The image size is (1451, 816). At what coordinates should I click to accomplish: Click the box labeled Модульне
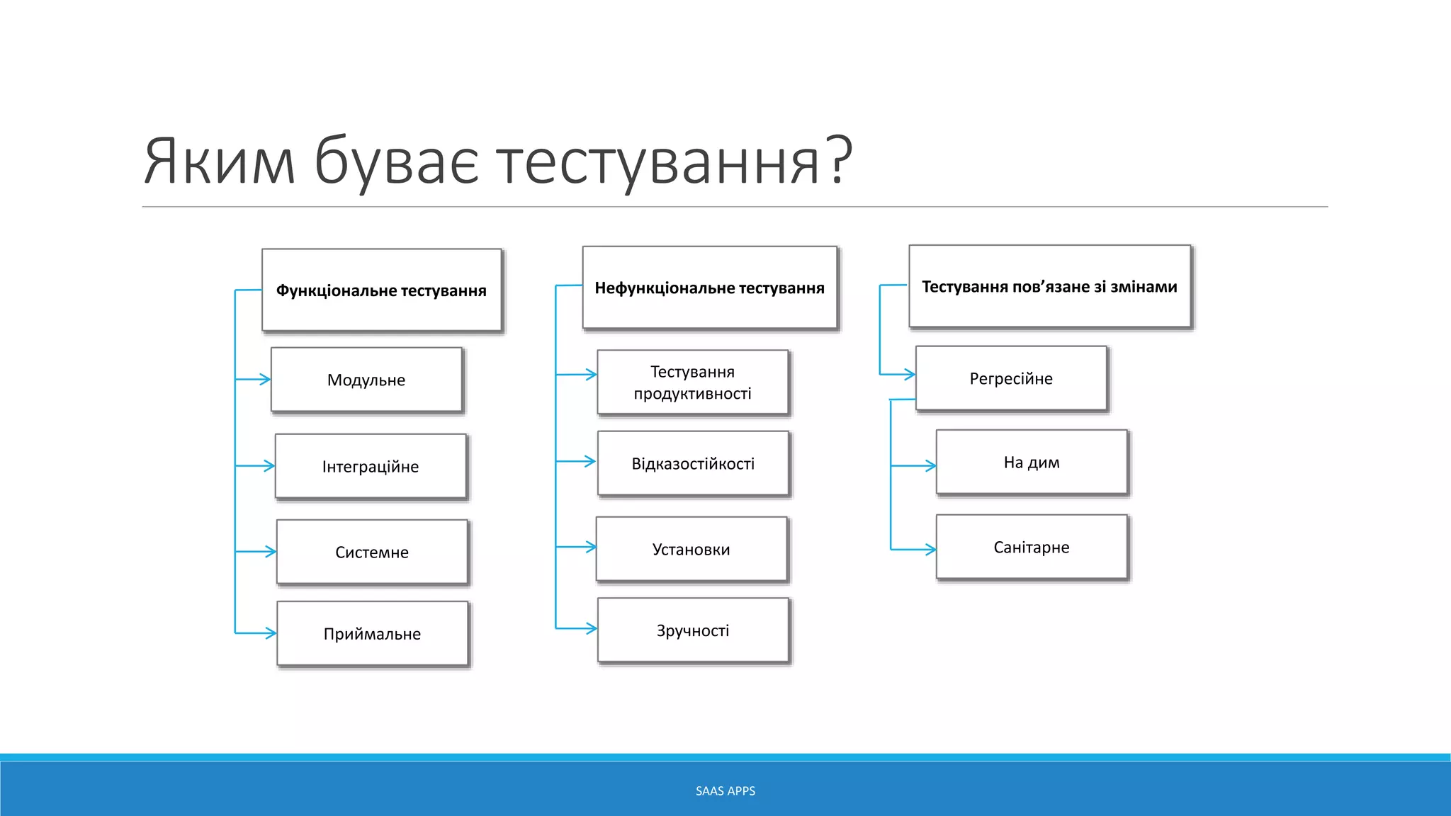(366, 380)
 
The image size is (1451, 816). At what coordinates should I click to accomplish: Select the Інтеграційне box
(371, 466)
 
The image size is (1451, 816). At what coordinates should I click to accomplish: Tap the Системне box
(372, 552)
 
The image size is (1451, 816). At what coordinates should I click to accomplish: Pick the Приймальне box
(372, 633)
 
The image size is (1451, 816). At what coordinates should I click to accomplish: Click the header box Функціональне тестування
(381, 290)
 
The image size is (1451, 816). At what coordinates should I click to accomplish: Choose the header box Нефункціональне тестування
(709, 288)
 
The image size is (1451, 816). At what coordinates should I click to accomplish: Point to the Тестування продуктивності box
(692, 382)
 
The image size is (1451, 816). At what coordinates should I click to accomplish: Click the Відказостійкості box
(693, 463)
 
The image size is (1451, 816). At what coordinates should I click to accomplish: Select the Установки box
(691, 549)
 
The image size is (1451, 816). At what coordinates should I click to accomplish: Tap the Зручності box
(692, 630)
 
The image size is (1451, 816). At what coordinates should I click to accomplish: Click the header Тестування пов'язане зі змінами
(1049, 286)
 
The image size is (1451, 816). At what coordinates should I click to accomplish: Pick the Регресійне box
(1011, 378)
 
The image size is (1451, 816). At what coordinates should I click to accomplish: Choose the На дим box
(1032, 462)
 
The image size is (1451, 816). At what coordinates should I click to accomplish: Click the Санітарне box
(1032, 547)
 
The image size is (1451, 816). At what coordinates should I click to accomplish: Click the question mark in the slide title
(839, 161)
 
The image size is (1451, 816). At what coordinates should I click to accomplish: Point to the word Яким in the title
(219, 162)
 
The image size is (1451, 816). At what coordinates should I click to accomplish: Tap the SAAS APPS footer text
(725, 790)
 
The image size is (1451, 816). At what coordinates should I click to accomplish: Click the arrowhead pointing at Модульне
(266, 380)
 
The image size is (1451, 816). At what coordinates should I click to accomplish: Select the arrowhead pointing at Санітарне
(930, 549)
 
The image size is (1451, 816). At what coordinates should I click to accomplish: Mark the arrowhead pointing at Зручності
(592, 628)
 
